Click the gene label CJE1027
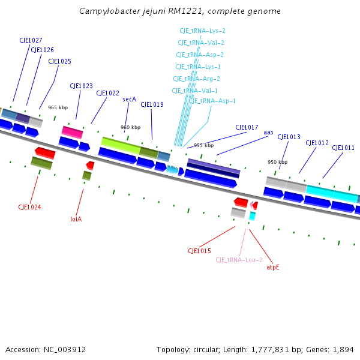tap(31, 40)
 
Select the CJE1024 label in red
tap(29, 207)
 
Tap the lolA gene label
tap(76, 219)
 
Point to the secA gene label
tap(130, 99)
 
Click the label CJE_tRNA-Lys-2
tap(202, 31)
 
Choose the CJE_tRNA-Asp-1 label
tap(212, 101)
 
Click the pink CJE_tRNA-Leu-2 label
tap(239, 260)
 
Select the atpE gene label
tap(273, 267)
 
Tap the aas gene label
tap(268, 132)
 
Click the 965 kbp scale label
tap(58, 107)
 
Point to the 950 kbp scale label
tap(277, 162)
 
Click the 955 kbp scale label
tap(203, 145)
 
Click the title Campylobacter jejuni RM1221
tap(180, 11)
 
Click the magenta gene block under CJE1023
tap(72, 132)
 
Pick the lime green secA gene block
tap(121, 145)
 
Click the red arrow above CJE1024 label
tap(45, 152)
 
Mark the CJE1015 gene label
tap(199, 251)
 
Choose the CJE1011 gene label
tap(343, 148)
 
